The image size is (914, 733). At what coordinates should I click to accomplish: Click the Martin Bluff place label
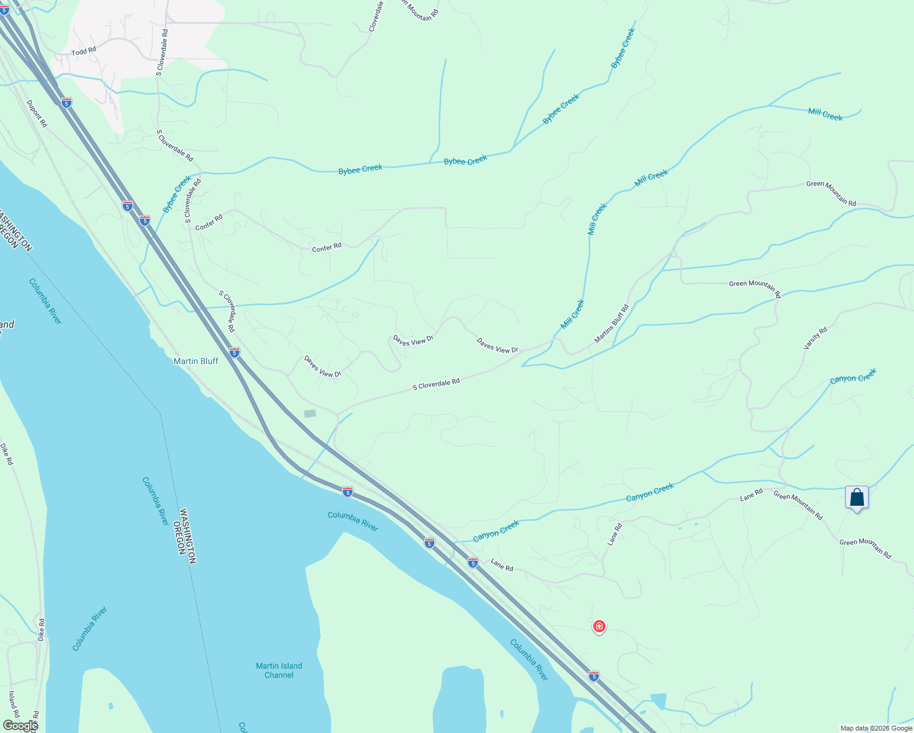[x=196, y=361]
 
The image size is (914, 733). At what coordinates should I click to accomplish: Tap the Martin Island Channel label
[x=279, y=670]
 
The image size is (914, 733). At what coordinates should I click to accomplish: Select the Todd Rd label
[x=84, y=52]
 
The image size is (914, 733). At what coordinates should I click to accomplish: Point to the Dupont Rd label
[x=37, y=114]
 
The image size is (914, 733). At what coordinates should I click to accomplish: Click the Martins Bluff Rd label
[x=612, y=324]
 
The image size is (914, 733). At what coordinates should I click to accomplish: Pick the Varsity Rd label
[x=815, y=338]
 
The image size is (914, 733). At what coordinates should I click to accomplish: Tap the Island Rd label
[x=13, y=704]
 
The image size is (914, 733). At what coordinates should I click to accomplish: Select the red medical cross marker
[x=599, y=626]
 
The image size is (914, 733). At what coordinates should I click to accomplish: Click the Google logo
[x=20, y=725]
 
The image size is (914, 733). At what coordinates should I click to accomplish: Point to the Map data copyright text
[x=876, y=728]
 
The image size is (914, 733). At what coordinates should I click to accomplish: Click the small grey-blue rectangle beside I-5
[x=310, y=414]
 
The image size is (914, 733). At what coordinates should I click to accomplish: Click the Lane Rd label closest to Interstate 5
[x=502, y=566]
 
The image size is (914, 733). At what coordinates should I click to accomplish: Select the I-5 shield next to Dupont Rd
[x=67, y=103]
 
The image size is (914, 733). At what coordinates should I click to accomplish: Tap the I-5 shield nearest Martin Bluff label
[x=235, y=352]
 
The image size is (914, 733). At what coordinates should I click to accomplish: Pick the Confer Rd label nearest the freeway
[x=209, y=223]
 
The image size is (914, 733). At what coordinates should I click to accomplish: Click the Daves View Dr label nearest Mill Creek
[x=497, y=346]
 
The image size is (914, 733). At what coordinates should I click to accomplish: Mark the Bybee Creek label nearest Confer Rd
[x=177, y=194]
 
